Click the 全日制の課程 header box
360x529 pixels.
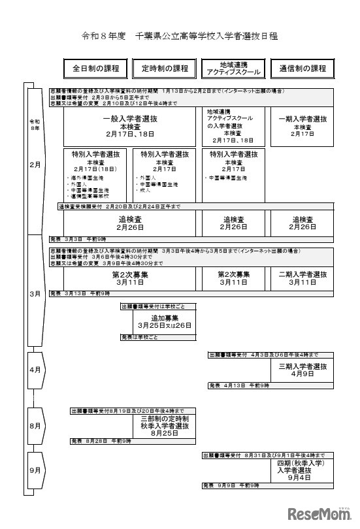click(x=96, y=69)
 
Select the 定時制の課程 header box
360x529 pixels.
click(x=165, y=69)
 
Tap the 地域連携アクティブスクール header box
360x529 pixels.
click(x=233, y=69)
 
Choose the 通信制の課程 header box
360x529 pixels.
click(x=303, y=69)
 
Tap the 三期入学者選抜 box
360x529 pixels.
click(x=303, y=370)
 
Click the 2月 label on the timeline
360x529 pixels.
click(x=35, y=165)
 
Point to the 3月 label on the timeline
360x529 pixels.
click(x=35, y=294)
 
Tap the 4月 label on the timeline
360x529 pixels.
click(x=35, y=370)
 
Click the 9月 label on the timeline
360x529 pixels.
click(x=35, y=470)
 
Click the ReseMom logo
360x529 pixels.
click(x=323, y=511)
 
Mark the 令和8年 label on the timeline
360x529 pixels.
click(x=35, y=124)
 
